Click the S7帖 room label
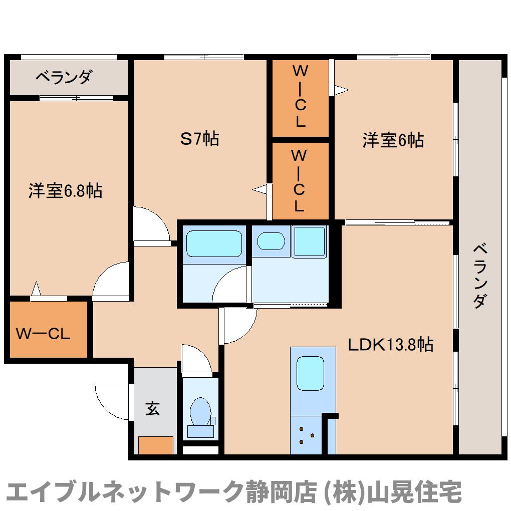point(199,139)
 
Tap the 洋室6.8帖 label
point(65,191)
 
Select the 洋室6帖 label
point(393,140)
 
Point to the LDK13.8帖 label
point(391,344)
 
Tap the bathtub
point(214,243)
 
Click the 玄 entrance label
point(153,409)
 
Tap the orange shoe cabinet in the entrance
point(156,445)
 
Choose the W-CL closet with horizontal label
point(43,333)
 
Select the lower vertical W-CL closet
point(299,181)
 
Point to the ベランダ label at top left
point(65,77)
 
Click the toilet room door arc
point(195,360)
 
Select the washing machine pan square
point(309,241)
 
